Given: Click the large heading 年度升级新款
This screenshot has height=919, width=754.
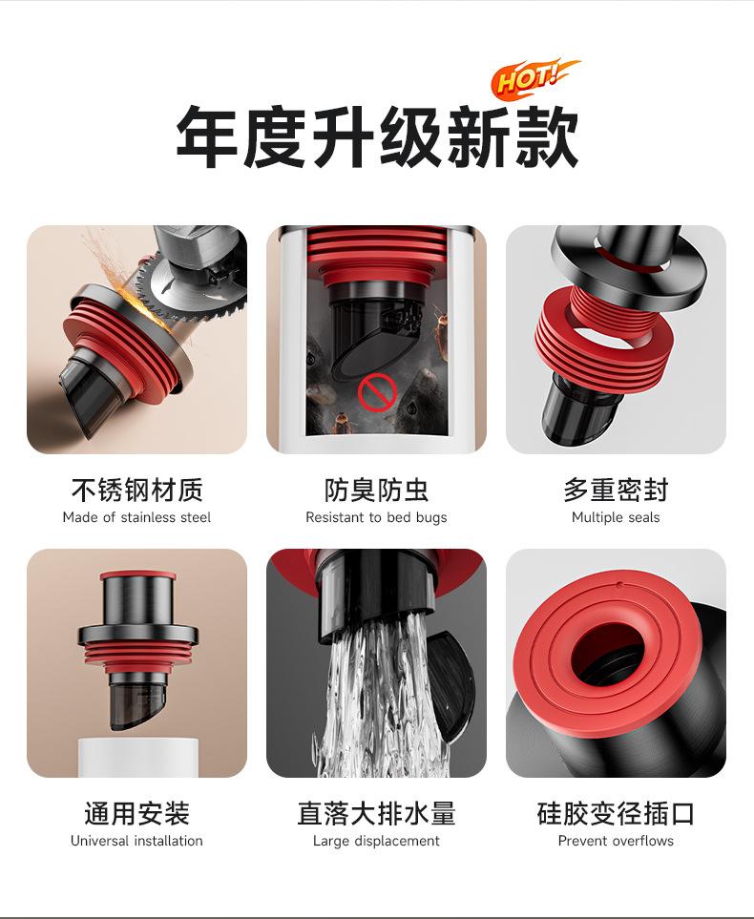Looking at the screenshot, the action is (x=378, y=137).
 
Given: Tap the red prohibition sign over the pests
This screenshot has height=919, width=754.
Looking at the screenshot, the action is (x=377, y=391).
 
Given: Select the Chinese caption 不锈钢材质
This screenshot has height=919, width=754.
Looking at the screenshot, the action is (x=137, y=490).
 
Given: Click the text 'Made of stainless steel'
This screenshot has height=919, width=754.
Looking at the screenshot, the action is (x=136, y=517).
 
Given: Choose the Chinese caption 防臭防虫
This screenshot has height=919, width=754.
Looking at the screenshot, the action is (x=376, y=490).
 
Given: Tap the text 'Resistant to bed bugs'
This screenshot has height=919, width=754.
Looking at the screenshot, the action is (x=376, y=517).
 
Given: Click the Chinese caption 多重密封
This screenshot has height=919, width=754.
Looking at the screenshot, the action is (x=616, y=490).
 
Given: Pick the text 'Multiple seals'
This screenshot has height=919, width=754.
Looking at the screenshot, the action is (x=616, y=517).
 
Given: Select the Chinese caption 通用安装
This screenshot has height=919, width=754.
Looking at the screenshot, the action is (x=136, y=813).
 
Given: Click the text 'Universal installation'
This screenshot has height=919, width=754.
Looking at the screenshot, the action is (x=136, y=841).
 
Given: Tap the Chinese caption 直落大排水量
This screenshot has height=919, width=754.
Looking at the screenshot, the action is (x=376, y=813).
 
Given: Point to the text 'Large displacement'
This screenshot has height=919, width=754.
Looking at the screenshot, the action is (x=376, y=841).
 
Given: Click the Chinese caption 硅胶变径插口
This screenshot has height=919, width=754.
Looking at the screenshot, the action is (x=616, y=813).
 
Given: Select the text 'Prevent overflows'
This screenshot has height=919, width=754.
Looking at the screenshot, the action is (x=616, y=841).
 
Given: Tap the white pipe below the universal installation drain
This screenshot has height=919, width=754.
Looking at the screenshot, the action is (x=138, y=758).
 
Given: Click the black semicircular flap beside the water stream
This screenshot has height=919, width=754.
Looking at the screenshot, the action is (x=450, y=686).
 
